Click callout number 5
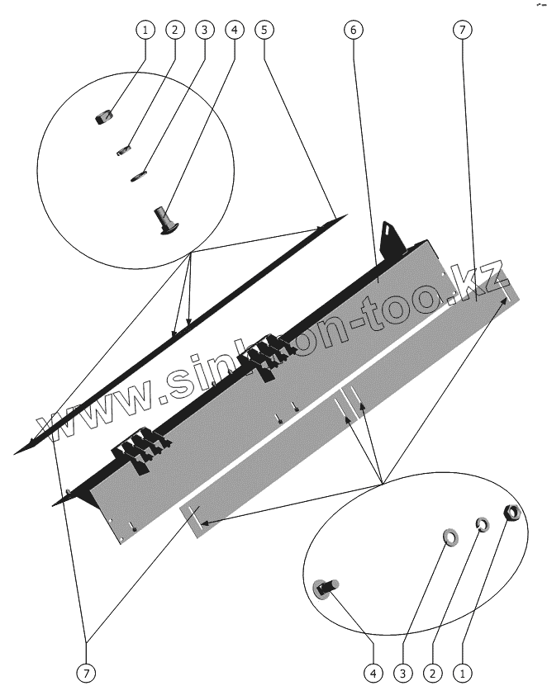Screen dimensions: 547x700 264,31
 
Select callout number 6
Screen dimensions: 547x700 353,31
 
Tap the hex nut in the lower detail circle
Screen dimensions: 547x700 511,513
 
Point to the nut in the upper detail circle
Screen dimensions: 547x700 103,119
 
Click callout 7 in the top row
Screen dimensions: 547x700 462,31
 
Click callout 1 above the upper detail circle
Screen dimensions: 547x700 145,31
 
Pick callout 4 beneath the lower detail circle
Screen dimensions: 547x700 373,673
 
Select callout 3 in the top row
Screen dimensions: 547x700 205,31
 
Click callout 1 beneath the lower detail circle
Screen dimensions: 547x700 462,673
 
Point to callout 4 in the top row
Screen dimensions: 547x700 235,31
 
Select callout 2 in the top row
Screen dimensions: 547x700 174,31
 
